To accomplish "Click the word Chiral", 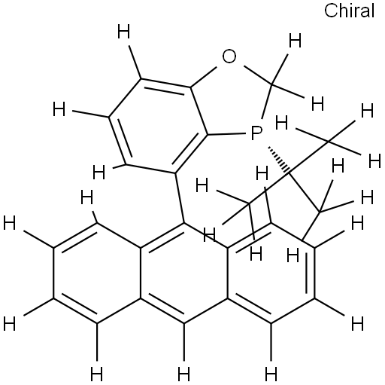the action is coord(349,11).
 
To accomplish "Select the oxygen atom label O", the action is coord(229,57).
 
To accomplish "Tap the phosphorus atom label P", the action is coord(256,133).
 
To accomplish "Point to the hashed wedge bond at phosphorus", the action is coord(279,160).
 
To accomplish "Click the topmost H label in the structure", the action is coord(124,32).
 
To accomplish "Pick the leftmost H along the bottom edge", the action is coord(96,374).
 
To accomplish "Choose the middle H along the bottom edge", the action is coord(183,374).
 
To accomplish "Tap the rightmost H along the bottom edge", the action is coord(271,374).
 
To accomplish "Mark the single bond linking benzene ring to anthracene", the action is coord(180,198).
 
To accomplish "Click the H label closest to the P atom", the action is coord(282,123).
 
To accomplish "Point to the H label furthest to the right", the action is coord(374,161).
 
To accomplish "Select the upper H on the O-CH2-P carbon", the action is coord(295,41).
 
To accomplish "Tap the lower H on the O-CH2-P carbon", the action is coord(317,104).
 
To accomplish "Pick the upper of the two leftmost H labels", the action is coord(10,223).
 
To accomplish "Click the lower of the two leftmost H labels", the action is coord(10,324).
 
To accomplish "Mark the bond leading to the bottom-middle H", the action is coord(184,342).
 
